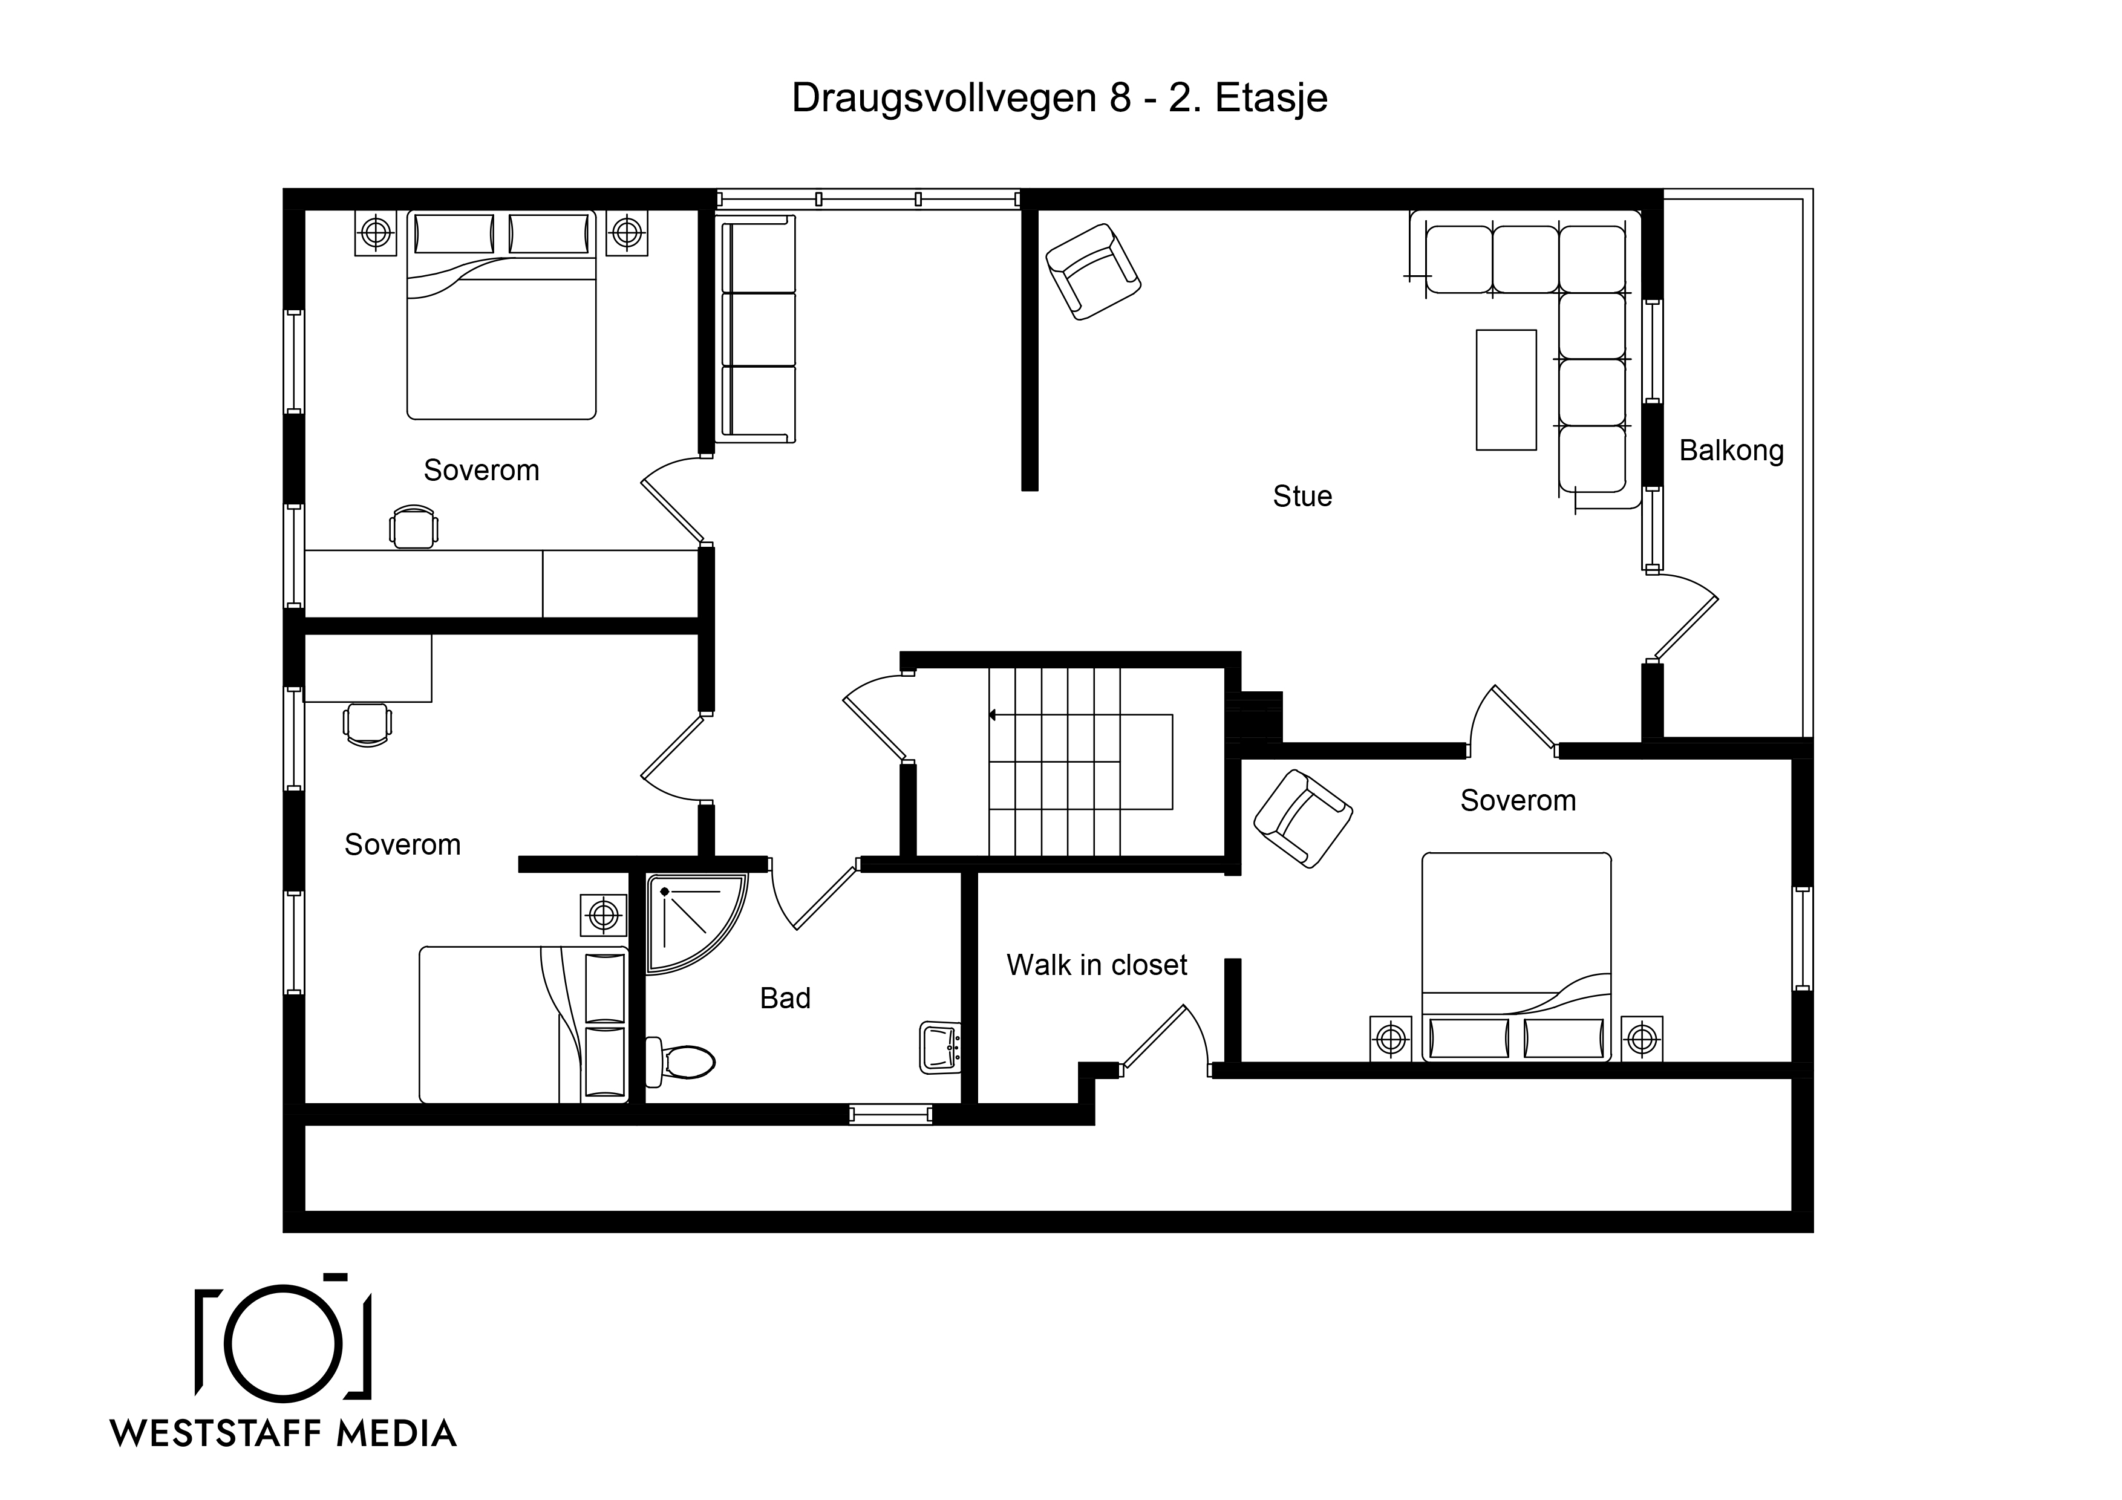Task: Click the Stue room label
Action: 1302,497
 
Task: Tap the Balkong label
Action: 1731,451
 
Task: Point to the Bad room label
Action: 785,998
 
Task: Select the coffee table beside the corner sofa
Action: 1506,390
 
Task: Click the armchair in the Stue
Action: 1092,272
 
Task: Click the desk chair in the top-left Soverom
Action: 413,527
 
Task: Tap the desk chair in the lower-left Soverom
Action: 367,725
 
